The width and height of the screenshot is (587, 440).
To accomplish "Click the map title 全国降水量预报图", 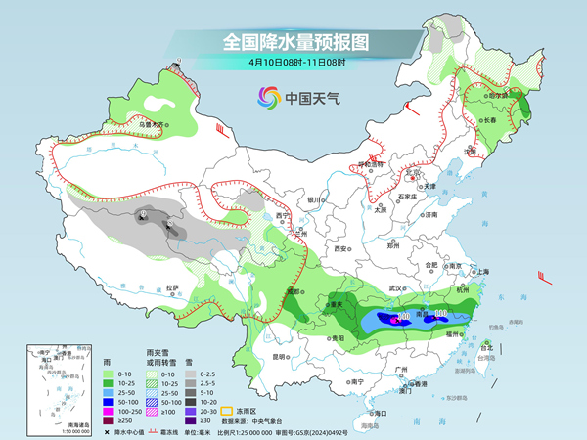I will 293,42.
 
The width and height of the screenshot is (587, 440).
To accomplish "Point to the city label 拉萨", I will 173,286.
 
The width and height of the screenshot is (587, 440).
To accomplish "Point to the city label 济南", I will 430,214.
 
